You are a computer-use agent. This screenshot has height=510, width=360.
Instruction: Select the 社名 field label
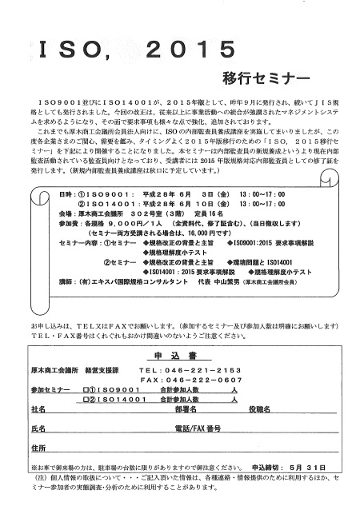(x=38, y=386)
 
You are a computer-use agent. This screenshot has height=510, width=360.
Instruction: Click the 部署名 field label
(x=185, y=386)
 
